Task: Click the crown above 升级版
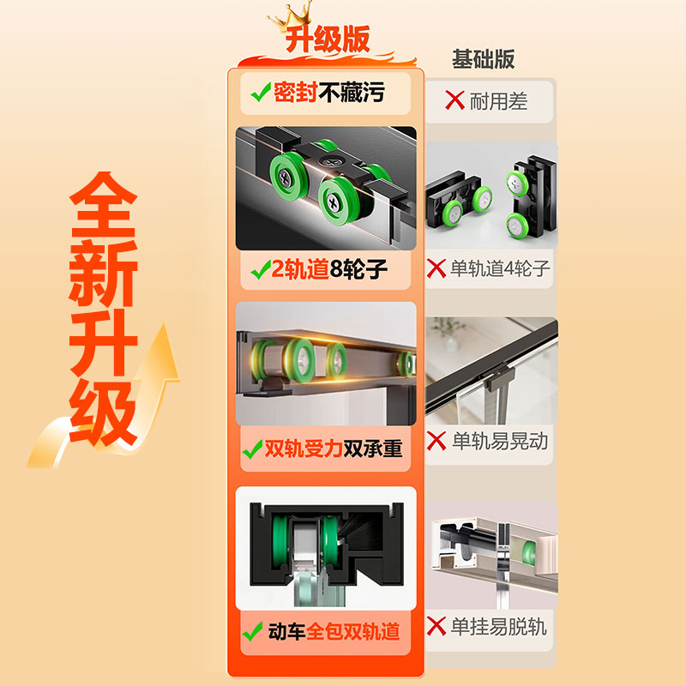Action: (291, 17)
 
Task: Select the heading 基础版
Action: (483, 58)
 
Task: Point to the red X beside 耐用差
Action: (454, 101)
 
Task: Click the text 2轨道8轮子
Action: (330, 271)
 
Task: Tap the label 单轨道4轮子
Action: (501, 269)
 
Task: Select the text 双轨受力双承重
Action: (333, 448)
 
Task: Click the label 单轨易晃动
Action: (500, 442)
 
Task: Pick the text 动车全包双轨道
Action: (334, 633)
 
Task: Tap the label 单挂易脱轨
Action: (500, 627)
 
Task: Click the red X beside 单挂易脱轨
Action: (437, 627)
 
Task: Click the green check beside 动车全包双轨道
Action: (253, 633)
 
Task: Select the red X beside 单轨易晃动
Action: (437, 442)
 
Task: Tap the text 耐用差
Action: (499, 101)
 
